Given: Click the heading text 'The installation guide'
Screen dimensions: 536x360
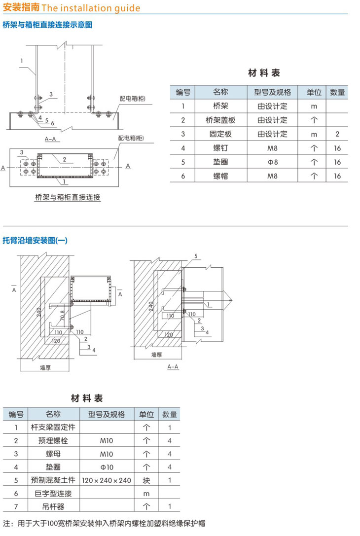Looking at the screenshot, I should coord(91,8).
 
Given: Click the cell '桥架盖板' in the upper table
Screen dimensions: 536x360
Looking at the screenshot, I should coord(220,120).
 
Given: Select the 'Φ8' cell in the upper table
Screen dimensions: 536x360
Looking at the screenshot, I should coord(272,162).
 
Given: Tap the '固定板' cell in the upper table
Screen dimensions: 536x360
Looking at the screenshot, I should coord(220,134).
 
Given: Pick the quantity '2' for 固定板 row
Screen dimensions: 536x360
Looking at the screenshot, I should coord(337,134).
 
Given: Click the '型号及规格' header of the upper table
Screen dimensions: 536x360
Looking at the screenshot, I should coord(272,92).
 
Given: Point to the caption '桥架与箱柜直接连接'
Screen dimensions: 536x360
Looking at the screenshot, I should coord(68,197).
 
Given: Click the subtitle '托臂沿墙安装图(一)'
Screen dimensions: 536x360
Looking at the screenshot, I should coord(35,241).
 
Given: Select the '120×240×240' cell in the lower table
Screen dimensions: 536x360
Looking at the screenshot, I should coord(107,480).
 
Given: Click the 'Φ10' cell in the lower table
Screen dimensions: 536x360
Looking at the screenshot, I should coord(107,466).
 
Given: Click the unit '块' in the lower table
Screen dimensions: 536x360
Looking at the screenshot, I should coord(146,480).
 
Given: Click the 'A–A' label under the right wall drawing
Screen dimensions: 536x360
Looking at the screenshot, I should coord(173,366).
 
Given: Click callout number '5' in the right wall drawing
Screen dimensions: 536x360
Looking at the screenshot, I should coord(195,256).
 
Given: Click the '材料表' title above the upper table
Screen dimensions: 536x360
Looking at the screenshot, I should coord(264,73).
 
